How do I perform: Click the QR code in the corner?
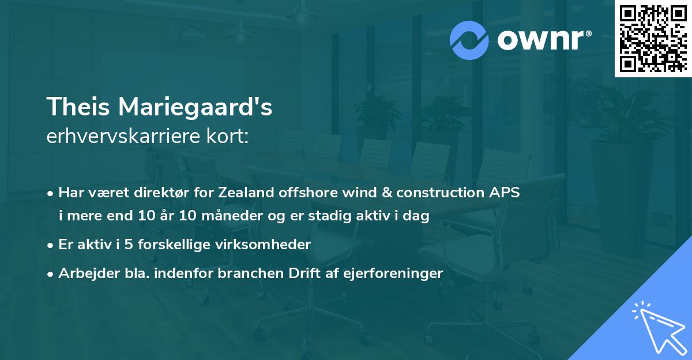pos(653,38)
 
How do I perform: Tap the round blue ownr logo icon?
pos(469,40)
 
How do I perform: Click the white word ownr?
pos(540,40)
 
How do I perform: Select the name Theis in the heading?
pos(78,107)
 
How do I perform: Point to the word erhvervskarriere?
pos(123,136)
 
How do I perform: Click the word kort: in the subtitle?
pos(227,136)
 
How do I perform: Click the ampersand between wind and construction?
pos(387,193)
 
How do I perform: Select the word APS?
pos(505,193)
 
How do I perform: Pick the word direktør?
pos(161,193)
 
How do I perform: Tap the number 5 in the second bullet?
pos(129,245)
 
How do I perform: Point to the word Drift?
pos(304,273)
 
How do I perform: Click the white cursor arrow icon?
pos(659,327)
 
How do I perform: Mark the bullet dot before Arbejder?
pos(50,274)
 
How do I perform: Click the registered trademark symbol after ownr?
pos(589,33)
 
